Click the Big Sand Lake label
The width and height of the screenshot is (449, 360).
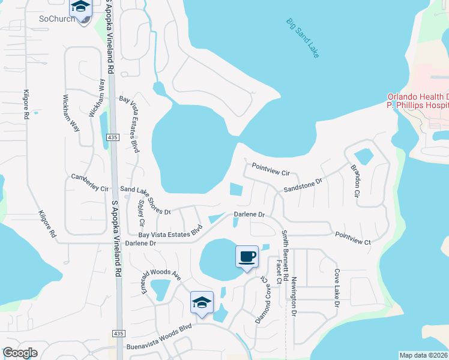click(303, 38)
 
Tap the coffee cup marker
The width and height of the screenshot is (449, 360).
click(247, 257)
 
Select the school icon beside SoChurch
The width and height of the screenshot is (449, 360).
click(80, 8)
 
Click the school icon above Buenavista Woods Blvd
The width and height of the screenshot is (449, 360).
click(202, 302)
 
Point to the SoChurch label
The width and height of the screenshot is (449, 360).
click(58, 19)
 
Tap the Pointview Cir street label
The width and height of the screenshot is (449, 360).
click(271, 169)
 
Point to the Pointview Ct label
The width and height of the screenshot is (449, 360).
click(354, 237)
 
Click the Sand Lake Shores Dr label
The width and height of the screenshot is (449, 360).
click(146, 200)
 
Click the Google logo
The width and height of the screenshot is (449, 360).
click(19, 353)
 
